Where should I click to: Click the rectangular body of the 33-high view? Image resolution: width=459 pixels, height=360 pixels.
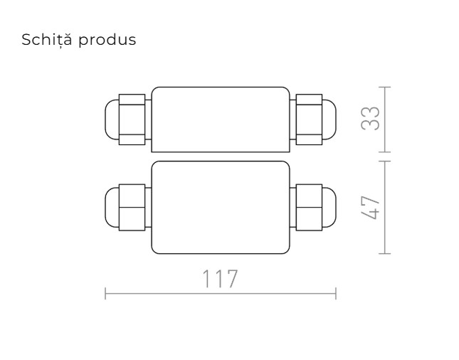pos(220,119)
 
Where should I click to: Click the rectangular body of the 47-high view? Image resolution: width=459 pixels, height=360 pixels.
pos(220,207)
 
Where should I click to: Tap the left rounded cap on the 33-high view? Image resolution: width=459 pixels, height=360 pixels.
pos(112,119)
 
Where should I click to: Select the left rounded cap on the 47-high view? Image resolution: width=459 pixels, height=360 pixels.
pos(112,207)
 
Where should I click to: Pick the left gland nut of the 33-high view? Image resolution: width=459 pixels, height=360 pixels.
pos(132,119)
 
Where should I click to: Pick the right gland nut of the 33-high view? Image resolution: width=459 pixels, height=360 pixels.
pos(307,119)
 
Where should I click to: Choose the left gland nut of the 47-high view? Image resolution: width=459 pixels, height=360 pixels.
pos(132,207)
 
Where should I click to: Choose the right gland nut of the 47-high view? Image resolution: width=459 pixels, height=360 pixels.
pos(307,207)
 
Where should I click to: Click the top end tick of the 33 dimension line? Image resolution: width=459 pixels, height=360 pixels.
pos(385,88)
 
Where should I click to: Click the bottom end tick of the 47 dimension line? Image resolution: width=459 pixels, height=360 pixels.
pos(385,253)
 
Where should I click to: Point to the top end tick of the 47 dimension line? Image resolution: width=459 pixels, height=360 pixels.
pos(385,161)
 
